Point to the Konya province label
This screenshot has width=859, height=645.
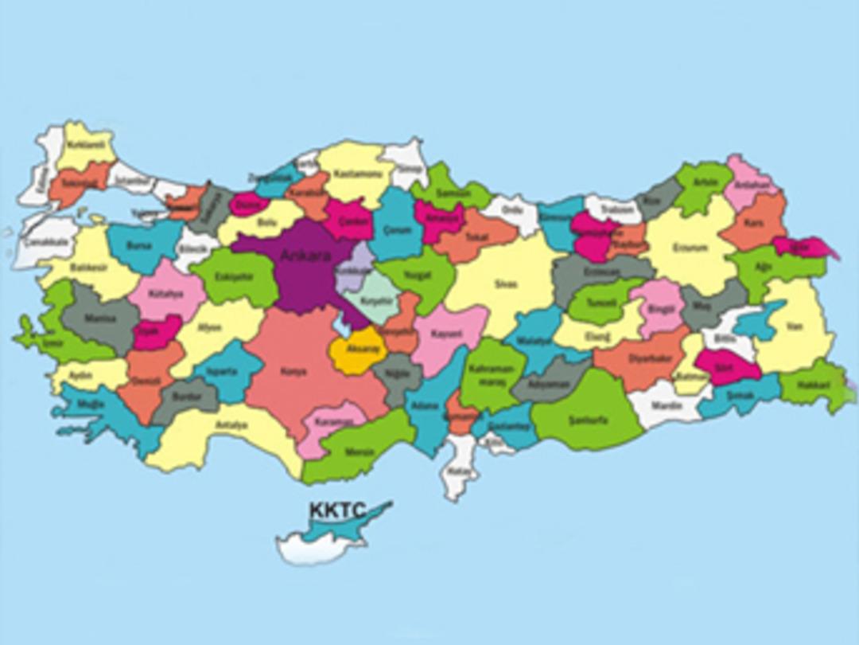(x=293, y=370)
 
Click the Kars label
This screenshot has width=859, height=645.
(x=753, y=224)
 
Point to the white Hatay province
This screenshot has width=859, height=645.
(x=460, y=471)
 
